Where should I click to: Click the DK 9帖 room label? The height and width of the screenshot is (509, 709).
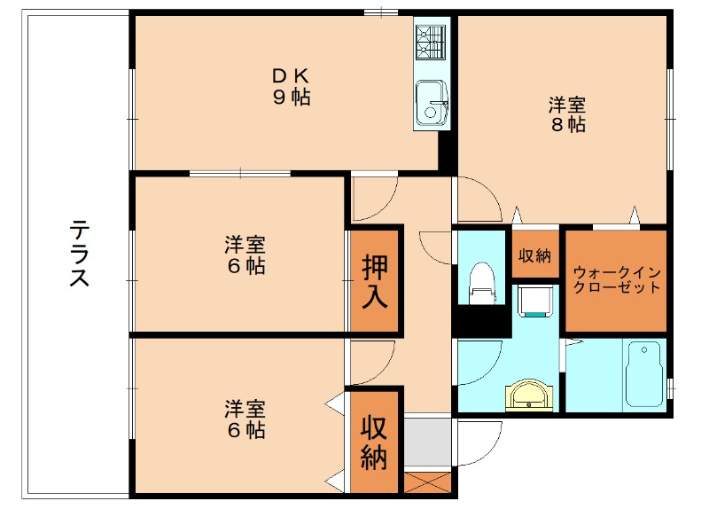pos(291,87)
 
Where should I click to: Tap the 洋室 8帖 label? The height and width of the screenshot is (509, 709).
pos(568,114)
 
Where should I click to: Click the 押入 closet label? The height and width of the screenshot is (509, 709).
pos(374,281)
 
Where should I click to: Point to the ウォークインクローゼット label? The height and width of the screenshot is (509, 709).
pos(616,279)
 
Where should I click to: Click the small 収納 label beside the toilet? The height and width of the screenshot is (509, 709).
pos(534,255)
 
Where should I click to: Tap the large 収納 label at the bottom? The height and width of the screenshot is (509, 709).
pos(374,443)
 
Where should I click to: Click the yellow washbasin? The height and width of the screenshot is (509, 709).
pos(530,395)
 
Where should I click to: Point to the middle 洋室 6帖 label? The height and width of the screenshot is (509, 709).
pos(244,254)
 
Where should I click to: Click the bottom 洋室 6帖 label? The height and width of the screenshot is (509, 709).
pos(244,419)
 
